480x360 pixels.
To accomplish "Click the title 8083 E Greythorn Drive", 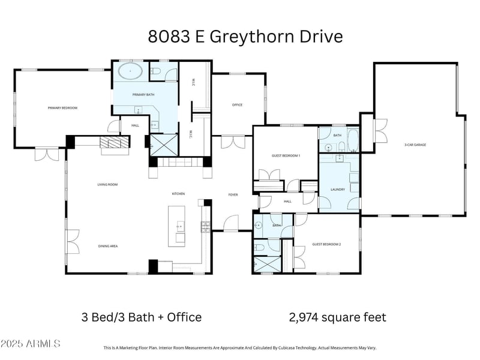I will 245,37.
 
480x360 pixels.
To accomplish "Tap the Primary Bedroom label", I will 63,108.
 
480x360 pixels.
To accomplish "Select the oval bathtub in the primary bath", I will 130,72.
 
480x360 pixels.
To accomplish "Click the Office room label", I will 237,105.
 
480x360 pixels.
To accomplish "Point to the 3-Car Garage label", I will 415,145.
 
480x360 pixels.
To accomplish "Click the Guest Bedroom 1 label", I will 286,156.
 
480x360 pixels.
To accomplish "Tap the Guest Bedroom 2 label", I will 326,244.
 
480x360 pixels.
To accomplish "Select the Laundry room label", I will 337,190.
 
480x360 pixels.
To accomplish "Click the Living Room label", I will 107,185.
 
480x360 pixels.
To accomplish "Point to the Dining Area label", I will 108,246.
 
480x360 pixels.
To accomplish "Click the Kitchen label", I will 178,194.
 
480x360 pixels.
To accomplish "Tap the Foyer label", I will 233,194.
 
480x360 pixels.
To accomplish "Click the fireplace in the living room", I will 114,143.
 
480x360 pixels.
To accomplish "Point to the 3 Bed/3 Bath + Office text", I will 141,317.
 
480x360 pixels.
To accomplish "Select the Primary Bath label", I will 143,95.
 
